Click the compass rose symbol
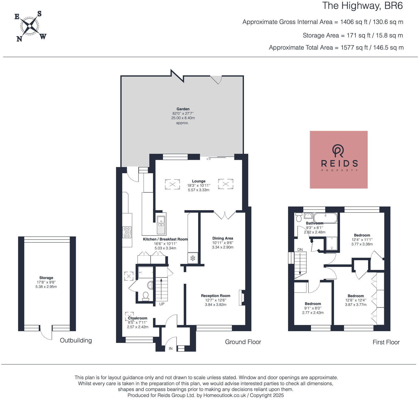tap(30, 26)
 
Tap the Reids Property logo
tap(339, 159)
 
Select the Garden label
tap(183, 109)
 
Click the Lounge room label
tap(198, 181)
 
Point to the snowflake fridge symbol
tap(193, 258)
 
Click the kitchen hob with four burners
tap(127, 232)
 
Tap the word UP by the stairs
tap(162, 304)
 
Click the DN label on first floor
tap(300, 249)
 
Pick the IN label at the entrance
tap(171, 348)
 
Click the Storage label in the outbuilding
tap(46, 278)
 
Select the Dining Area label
tap(222, 238)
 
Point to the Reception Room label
tap(216, 296)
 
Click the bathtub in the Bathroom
tap(325, 218)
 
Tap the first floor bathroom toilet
tap(299, 217)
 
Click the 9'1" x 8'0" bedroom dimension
tap(313, 308)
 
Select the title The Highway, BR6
tap(362, 6)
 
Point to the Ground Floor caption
tap(243, 342)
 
